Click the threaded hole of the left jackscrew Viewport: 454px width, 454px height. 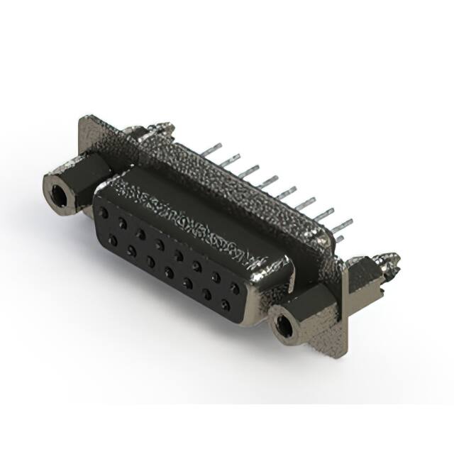click(x=57, y=189)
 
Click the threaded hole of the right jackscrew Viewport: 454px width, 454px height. click(x=284, y=326)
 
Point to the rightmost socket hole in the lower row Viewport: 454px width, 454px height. click(x=225, y=305)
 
